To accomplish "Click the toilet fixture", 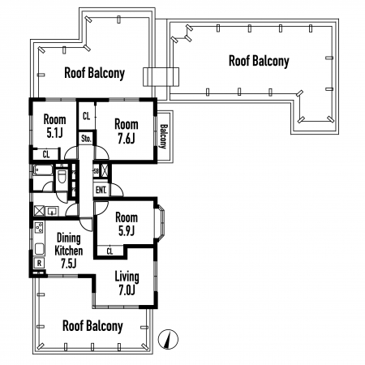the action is click(x=62, y=176).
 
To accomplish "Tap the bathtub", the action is click(x=43, y=170).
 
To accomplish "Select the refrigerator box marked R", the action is click(x=39, y=263).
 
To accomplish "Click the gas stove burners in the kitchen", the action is click(x=40, y=227).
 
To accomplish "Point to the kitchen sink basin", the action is click(x=40, y=249).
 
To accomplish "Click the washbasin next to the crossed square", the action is click(x=51, y=211).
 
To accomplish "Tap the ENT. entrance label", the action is click(x=101, y=190).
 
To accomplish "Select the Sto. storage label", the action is click(x=86, y=139).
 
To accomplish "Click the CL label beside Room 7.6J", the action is click(x=86, y=116).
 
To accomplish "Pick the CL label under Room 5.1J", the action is click(x=46, y=154).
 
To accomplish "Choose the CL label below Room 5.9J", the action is click(x=109, y=251).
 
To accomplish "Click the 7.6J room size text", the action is click(x=126, y=139).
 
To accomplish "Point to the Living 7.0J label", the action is click(x=127, y=283).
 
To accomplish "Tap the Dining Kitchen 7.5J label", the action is click(x=68, y=251).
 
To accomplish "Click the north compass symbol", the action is click(x=168, y=339).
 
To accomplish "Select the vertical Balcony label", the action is click(x=164, y=136).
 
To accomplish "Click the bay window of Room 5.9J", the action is click(x=161, y=223).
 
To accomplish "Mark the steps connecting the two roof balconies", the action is click(x=161, y=77).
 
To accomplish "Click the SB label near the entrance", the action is click(x=96, y=171).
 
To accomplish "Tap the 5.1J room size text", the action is click(x=54, y=133).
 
